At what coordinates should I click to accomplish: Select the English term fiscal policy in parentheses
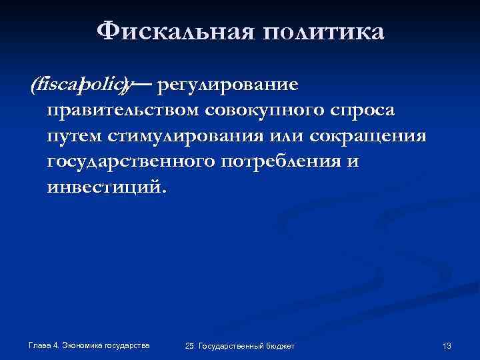(81, 85)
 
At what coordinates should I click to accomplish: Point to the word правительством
(125, 109)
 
